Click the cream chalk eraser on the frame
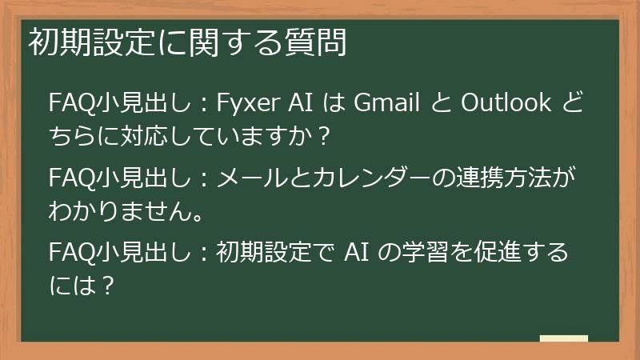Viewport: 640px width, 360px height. tap(564, 340)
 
